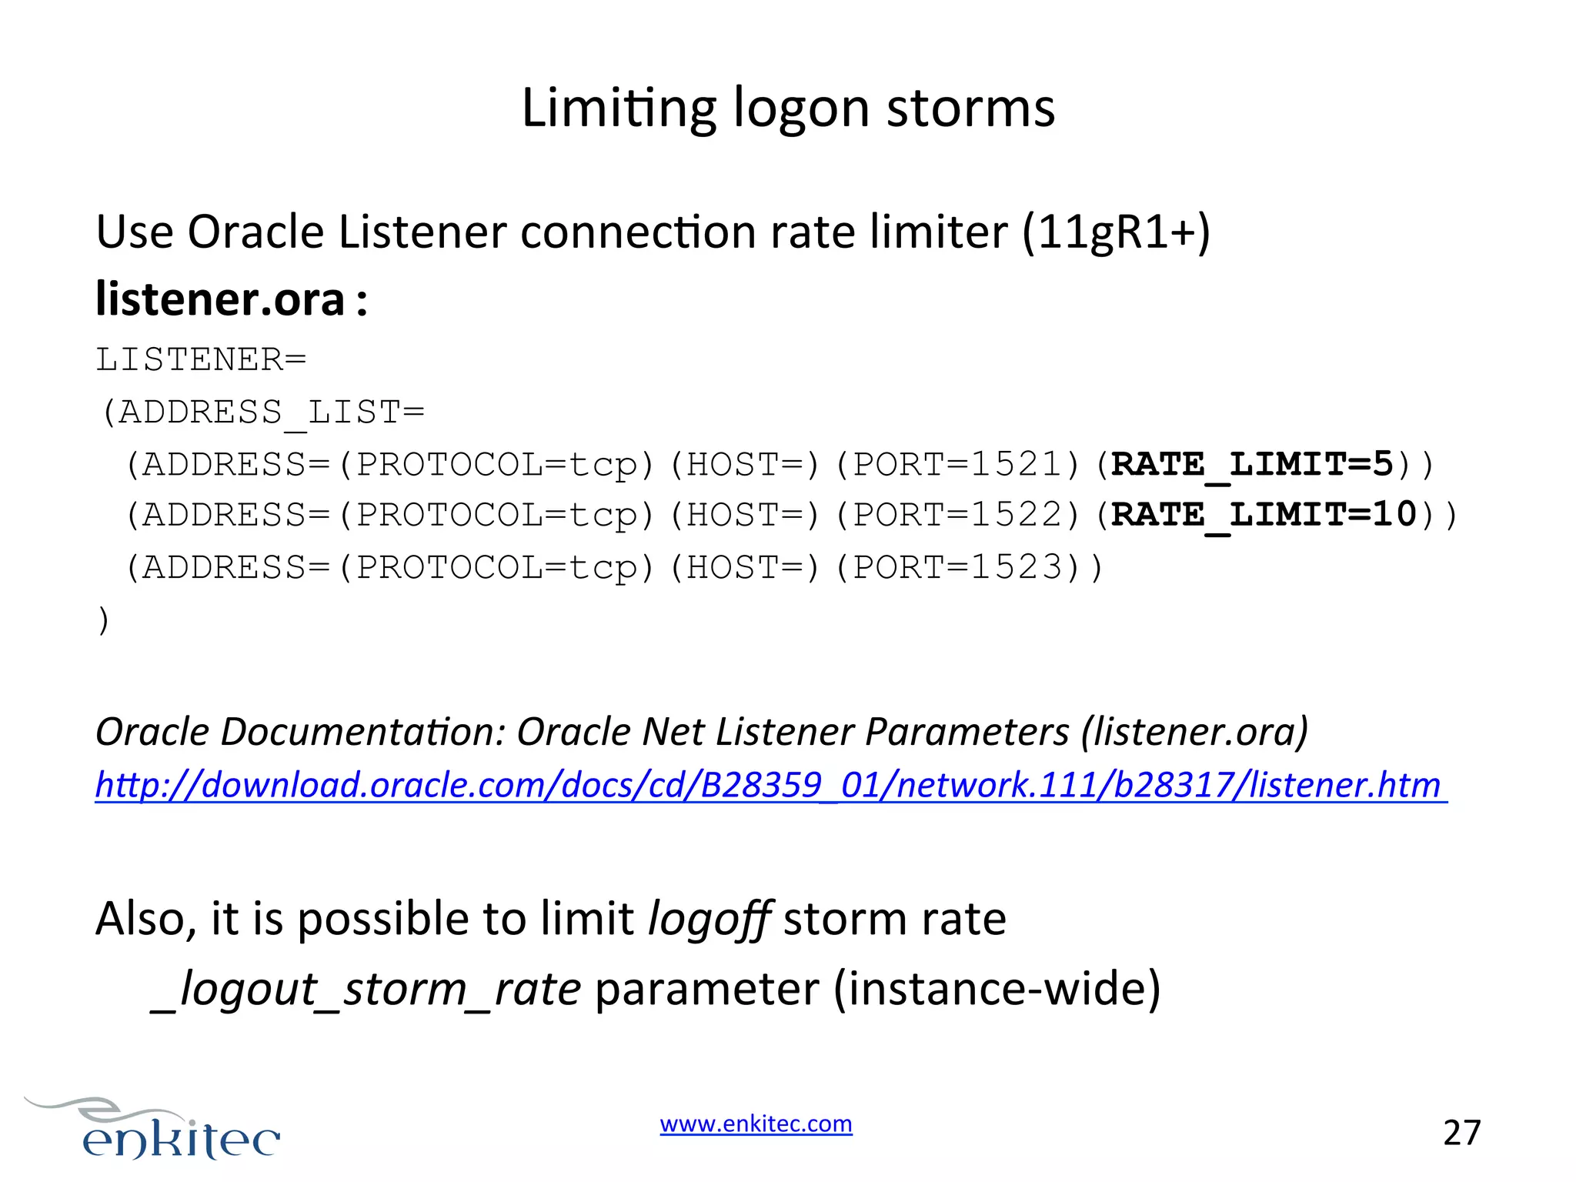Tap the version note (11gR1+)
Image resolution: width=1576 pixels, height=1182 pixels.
1116,232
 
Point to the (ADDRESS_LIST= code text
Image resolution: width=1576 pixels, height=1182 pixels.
262,412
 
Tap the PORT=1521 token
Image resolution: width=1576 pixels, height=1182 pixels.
958,465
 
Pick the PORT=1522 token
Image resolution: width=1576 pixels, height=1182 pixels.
958,515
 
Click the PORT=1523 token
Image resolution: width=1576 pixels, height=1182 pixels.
958,568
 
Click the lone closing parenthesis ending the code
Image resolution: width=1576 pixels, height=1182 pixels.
104,620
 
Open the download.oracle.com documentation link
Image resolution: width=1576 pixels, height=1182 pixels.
770,785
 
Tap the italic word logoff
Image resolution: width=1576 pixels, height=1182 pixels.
710,919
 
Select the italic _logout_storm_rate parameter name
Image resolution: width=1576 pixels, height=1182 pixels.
366,989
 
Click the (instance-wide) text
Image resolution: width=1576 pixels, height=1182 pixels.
997,989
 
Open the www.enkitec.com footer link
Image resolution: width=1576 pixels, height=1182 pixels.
756,1124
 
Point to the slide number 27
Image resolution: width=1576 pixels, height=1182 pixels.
1461,1133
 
